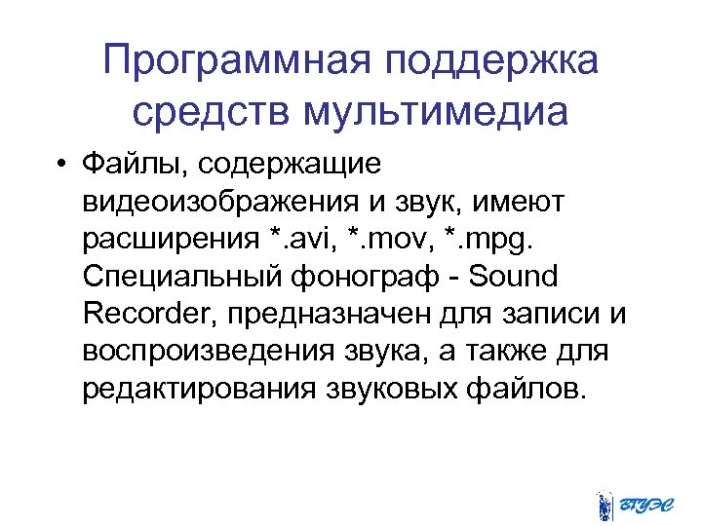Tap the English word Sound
(513, 277)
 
